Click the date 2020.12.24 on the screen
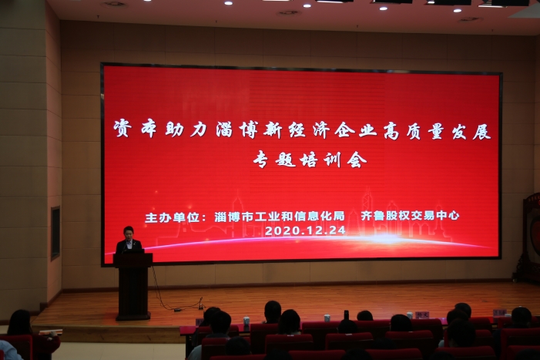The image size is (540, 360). pos(305,230)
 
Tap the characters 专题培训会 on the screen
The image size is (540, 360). pos(310,160)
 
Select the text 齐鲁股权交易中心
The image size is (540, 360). pos(410,216)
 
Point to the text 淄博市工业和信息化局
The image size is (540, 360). pos(280,217)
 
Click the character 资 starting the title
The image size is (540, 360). pos(122,128)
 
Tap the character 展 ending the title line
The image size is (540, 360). pos(481,131)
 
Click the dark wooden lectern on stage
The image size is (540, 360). pos(133,286)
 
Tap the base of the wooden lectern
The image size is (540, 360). pos(133,316)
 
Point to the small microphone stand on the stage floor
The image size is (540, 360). pos(200,304)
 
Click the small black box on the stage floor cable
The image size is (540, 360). pos(177,310)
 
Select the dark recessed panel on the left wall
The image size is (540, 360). pos(55,233)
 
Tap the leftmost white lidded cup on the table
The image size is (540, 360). pos(247,321)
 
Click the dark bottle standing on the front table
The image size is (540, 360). pos(346,315)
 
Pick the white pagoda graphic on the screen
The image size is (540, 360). pos(354,221)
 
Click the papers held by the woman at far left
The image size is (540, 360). pos(51,332)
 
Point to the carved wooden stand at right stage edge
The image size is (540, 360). pos(528,237)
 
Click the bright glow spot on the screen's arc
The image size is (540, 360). pos(385,238)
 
